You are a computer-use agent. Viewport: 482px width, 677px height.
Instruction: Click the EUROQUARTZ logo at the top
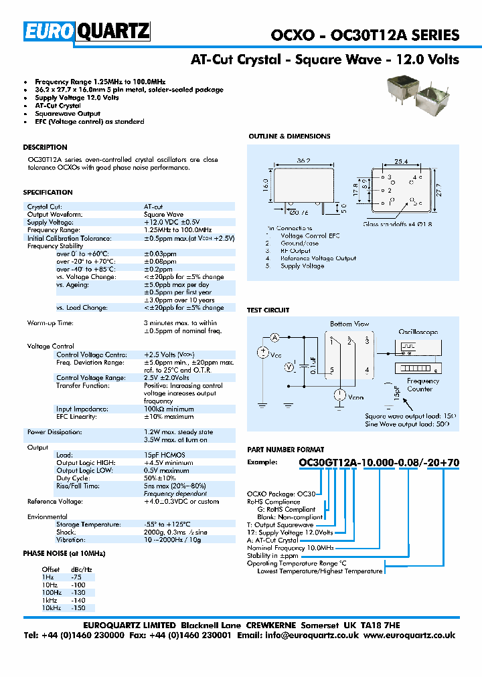(x=88, y=31)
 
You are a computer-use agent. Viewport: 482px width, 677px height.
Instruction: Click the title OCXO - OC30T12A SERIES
(x=365, y=36)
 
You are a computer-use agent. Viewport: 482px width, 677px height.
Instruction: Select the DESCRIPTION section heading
(x=45, y=147)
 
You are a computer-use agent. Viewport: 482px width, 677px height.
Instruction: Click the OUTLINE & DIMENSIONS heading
(x=289, y=136)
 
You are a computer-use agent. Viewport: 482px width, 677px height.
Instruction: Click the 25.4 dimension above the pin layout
(x=400, y=161)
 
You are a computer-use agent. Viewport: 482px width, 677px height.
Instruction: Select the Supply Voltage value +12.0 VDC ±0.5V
(x=171, y=222)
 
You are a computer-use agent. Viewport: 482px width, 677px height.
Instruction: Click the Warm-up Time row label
(x=50, y=323)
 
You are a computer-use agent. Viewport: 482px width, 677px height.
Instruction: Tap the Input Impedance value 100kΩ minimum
(x=169, y=409)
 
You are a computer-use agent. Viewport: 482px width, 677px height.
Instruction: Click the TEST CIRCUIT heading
(x=268, y=310)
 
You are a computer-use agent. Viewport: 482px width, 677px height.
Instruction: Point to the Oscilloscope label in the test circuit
(x=418, y=331)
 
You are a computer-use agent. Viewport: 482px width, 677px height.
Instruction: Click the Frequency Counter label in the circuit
(x=420, y=385)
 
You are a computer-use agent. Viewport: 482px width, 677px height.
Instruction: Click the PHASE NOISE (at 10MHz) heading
(x=64, y=553)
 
